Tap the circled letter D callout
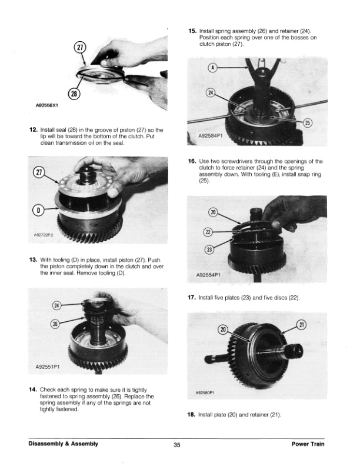(38, 211)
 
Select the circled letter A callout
(212, 68)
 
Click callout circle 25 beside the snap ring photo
(308, 123)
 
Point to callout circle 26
(55, 324)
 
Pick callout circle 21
(301, 325)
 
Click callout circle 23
(209, 249)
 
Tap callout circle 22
(208, 232)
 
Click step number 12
(34, 130)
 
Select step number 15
(192, 31)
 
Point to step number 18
(191, 414)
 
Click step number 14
(33, 390)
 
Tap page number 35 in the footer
(176, 445)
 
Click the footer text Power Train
(308, 444)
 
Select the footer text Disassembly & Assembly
(64, 444)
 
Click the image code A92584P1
(211, 136)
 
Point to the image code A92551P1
(48, 367)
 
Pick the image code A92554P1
(208, 275)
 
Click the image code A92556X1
(46, 105)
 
